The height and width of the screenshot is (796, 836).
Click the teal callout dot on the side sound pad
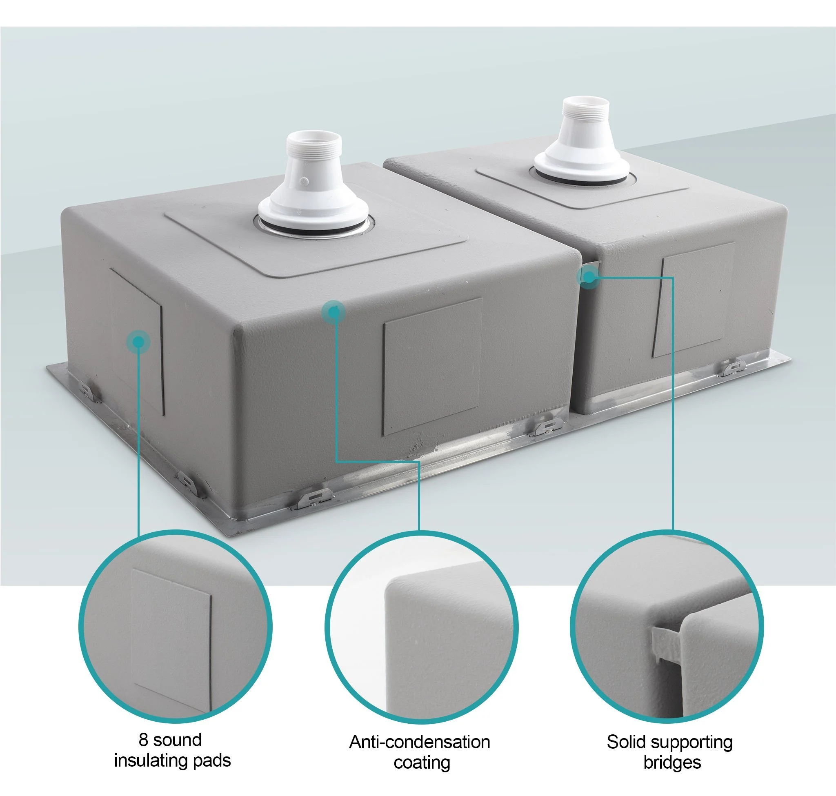coord(138,342)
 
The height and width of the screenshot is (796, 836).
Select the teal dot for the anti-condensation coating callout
coord(334,312)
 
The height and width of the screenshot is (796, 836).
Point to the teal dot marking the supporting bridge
coord(589,277)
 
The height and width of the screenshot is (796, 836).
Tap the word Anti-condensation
coord(419,742)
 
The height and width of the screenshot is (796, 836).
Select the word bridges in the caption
coord(672,762)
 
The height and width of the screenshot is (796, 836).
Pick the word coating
coord(422,762)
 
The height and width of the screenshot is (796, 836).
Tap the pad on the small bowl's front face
coord(693,300)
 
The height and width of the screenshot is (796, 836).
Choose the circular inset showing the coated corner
coord(421,627)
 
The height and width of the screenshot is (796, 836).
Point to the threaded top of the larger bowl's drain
coord(313,144)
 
